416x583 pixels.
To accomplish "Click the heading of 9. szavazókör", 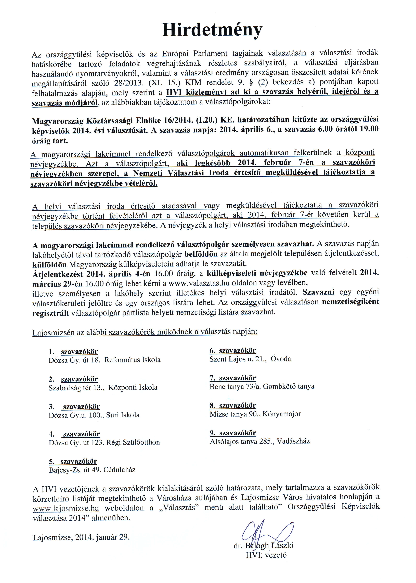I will pyautogui.click(x=233, y=433).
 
